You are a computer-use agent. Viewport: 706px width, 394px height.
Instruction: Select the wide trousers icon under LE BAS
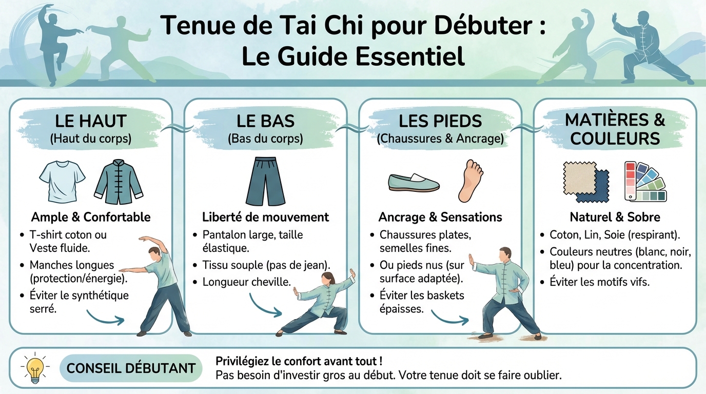click(265, 181)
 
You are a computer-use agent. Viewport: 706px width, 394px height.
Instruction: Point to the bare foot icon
click(470, 181)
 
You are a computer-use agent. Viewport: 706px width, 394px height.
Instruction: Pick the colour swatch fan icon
click(645, 181)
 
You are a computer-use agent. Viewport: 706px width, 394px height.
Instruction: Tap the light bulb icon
click(35, 367)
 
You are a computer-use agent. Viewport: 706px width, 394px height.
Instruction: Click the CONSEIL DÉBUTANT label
click(131, 368)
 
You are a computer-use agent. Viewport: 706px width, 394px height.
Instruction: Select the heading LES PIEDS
click(440, 122)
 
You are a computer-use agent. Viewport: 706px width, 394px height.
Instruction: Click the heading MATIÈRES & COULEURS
click(615, 129)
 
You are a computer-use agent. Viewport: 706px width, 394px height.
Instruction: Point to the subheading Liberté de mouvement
click(265, 217)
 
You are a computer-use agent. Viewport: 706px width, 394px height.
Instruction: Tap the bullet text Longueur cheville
click(246, 282)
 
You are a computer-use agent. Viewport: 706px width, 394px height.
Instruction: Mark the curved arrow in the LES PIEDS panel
click(449, 317)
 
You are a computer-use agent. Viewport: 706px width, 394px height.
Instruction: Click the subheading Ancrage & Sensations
click(440, 217)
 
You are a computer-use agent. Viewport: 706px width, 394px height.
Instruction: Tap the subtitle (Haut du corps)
click(90, 139)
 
